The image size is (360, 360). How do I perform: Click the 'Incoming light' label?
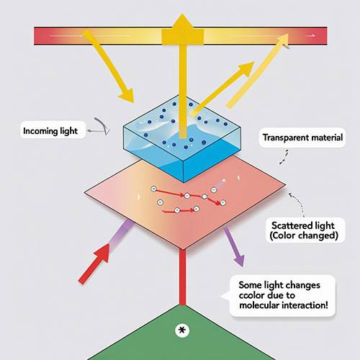tap(50, 131)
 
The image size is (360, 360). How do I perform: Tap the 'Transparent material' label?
tap(302, 138)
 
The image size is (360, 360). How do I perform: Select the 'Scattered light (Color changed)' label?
tap(304, 230)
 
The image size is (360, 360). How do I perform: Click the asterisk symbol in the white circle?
tap(182, 330)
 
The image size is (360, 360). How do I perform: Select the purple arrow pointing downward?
tap(234, 247)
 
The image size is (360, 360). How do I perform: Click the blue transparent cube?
tap(182, 138)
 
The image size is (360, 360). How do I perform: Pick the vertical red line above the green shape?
tap(182, 277)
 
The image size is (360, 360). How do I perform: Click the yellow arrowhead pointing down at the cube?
tap(127, 95)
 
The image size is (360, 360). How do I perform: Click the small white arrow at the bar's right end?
tap(311, 36)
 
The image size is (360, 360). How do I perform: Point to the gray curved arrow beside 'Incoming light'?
tap(102, 126)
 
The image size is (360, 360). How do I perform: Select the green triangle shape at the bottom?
tap(182, 336)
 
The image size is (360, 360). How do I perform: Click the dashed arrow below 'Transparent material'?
tap(284, 157)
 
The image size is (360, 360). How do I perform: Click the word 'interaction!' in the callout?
tap(305, 305)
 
